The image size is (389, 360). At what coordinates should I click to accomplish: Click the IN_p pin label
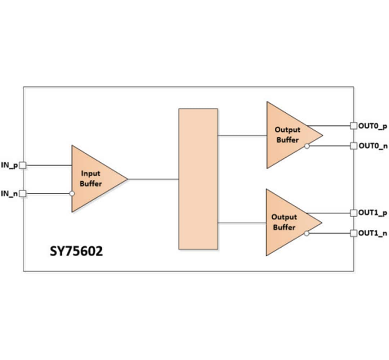tap(9, 166)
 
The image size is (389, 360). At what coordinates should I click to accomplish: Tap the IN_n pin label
tap(9, 194)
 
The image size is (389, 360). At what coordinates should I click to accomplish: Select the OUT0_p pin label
tap(373, 126)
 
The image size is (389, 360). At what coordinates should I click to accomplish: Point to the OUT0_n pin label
tap(373, 146)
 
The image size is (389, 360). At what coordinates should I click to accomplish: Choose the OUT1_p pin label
tap(373, 213)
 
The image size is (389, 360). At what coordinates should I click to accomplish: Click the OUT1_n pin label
tap(373, 233)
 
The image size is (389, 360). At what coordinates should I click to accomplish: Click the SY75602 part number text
tap(76, 251)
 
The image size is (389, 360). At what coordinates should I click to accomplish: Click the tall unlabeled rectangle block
tap(198, 179)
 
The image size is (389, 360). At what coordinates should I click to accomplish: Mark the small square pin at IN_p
tap(23, 165)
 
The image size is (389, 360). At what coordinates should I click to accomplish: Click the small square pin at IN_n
tap(23, 194)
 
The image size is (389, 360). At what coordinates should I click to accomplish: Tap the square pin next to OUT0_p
tap(354, 126)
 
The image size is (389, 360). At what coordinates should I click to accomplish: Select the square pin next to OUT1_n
tap(354, 233)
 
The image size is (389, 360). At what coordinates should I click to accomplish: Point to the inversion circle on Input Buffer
tap(72, 194)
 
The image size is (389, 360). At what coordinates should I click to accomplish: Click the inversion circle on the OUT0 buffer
tap(307, 146)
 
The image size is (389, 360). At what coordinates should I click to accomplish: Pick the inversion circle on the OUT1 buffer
tap(306, 233)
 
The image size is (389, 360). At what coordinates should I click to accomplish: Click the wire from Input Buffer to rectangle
tap(153, 179)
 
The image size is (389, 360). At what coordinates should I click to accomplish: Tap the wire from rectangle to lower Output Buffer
tap(242, 223)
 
